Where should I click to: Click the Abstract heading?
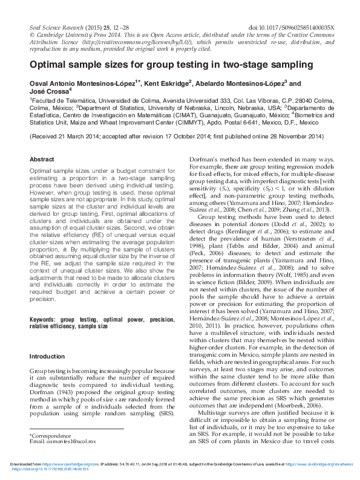[42, 159]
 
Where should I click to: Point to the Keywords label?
[43, 319]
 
